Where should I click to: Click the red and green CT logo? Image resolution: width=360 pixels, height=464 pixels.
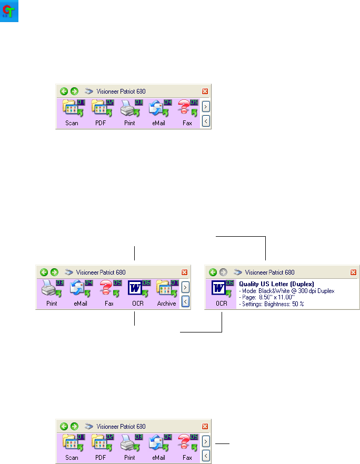point(10,11)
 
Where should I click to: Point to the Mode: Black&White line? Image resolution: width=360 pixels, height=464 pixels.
point(286,291)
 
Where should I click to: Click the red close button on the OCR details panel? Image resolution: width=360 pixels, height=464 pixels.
point(354,272)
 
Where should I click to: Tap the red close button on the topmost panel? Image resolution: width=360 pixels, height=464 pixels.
point(205,91)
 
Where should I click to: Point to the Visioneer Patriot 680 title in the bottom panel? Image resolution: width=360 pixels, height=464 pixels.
point(121,426)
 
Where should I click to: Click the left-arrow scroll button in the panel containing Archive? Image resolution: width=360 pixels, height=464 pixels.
point(185,301)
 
